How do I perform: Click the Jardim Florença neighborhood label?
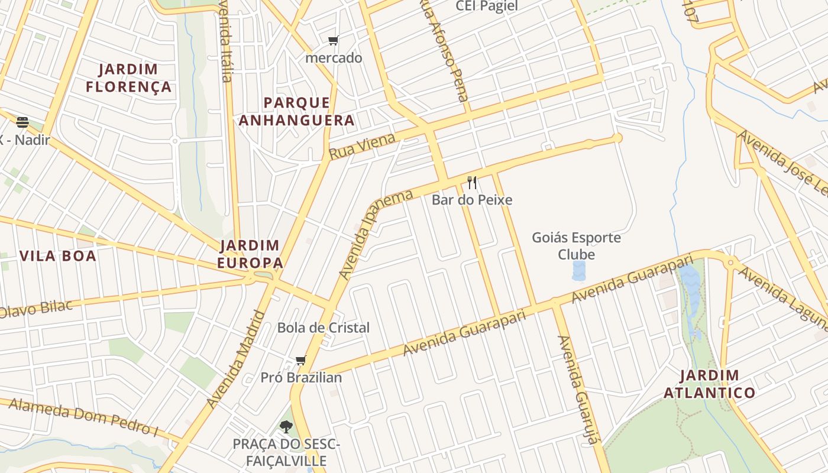click(128, 78)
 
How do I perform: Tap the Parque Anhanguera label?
click(296, 112)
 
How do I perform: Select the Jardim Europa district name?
click(249, 254)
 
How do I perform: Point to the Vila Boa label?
click(58, 256)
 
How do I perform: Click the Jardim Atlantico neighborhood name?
click(709, 384)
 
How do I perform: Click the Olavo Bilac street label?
click(37, 309)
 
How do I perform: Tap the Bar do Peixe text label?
click(471, 200)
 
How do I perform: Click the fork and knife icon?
click(471, 182)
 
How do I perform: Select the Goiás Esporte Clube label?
click(577, 246)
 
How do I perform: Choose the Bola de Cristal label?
click(324, 328)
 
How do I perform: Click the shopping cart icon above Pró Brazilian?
click(300, 361)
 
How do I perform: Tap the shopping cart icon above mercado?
click(334, 41)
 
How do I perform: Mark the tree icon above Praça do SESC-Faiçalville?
click(286, 426)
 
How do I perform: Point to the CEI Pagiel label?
click(486, 7)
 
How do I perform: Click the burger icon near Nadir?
click(22, 122)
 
